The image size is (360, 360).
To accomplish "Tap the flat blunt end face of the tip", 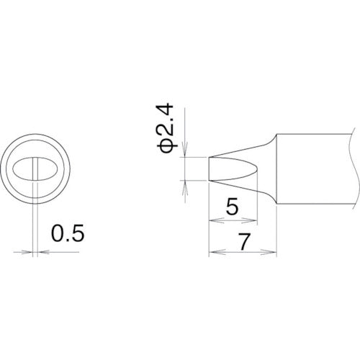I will [x=209, y=168].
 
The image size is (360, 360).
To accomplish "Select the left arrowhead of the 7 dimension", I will [x=212, y=253].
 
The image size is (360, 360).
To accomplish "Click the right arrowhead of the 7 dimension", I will [x=274, y=253].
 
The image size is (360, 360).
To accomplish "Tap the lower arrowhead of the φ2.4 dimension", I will [x=185, y=185].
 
